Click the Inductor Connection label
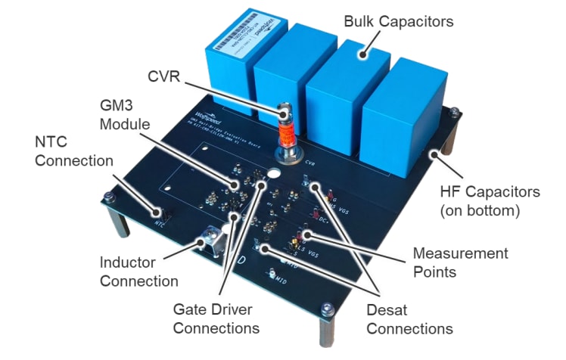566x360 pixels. coord(139,272)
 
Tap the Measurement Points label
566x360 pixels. coord(459,262)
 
